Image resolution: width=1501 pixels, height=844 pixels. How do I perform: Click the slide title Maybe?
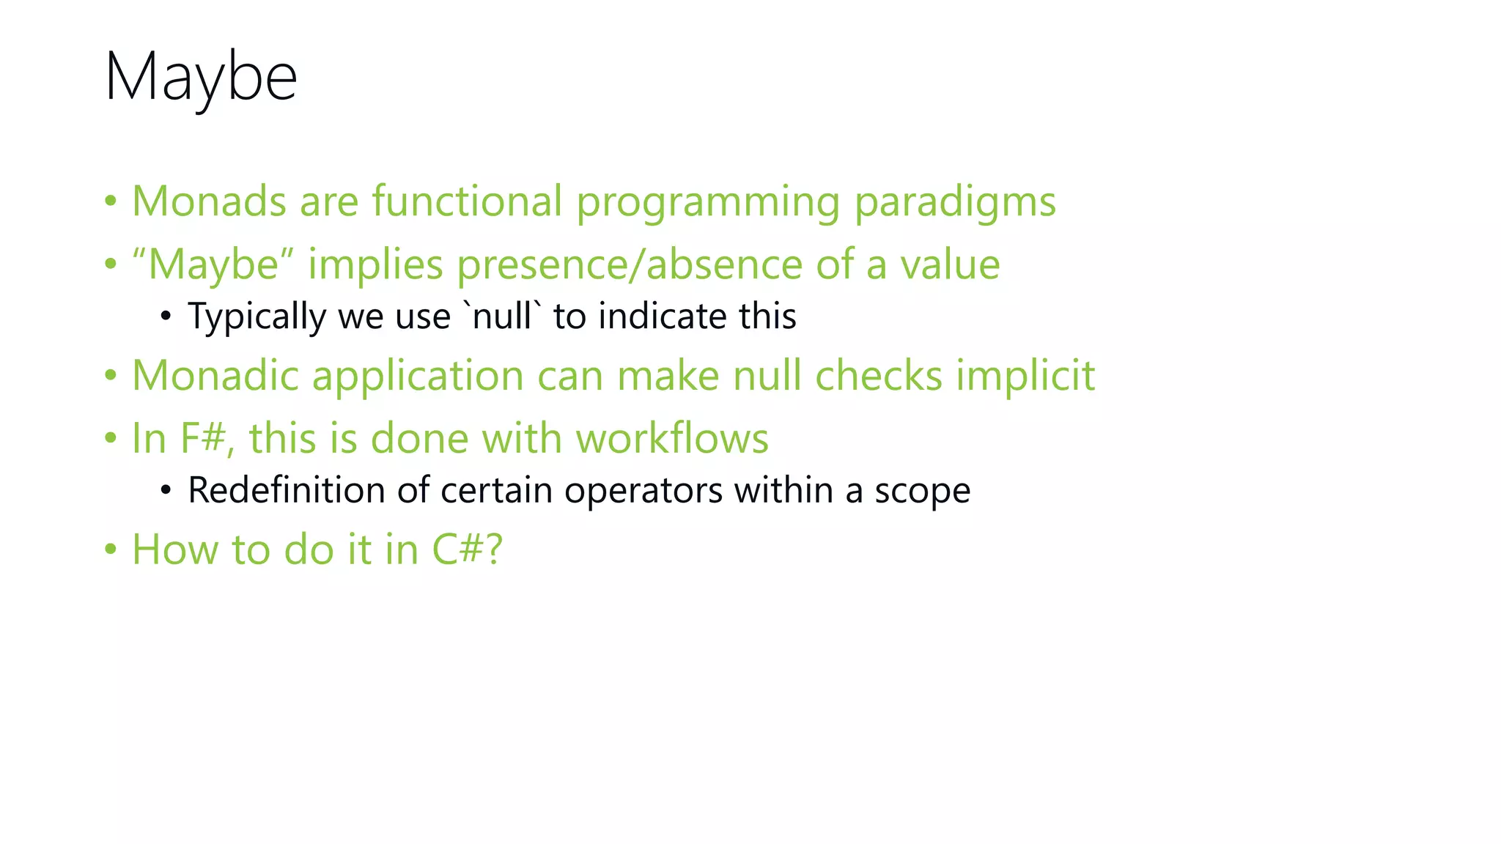(201, 78)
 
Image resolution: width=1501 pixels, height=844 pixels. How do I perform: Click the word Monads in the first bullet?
(209, 201)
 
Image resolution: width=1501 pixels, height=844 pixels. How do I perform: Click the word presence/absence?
(630, 265)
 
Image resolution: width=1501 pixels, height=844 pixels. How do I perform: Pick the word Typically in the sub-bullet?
(257, 317)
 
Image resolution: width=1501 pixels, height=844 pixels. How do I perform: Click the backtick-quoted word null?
(503, 316)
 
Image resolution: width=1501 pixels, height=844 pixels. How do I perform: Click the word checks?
(879, 376)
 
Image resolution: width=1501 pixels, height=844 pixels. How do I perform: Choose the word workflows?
(672, 439)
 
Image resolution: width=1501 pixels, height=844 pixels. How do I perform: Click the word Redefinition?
(287, 490)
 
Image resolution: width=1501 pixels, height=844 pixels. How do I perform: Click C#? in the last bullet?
(467, 549)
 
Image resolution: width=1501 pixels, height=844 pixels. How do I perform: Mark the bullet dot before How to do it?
(111, 549)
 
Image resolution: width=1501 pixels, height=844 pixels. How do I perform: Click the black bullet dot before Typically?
(166, 317)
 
